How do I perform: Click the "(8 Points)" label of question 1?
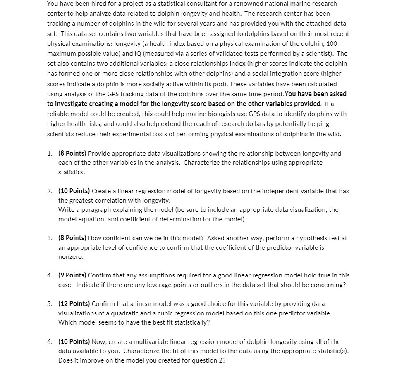click(72, 153)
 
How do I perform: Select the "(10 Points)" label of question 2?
click(74, 191)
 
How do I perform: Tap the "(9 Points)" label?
click(72, 275)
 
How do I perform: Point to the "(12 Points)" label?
click(74, 303)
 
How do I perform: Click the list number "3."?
click(50, 238)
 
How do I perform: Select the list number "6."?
click(50, 341)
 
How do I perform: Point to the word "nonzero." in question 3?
click(71, 257)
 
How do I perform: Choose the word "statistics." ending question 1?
click(71, 172)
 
